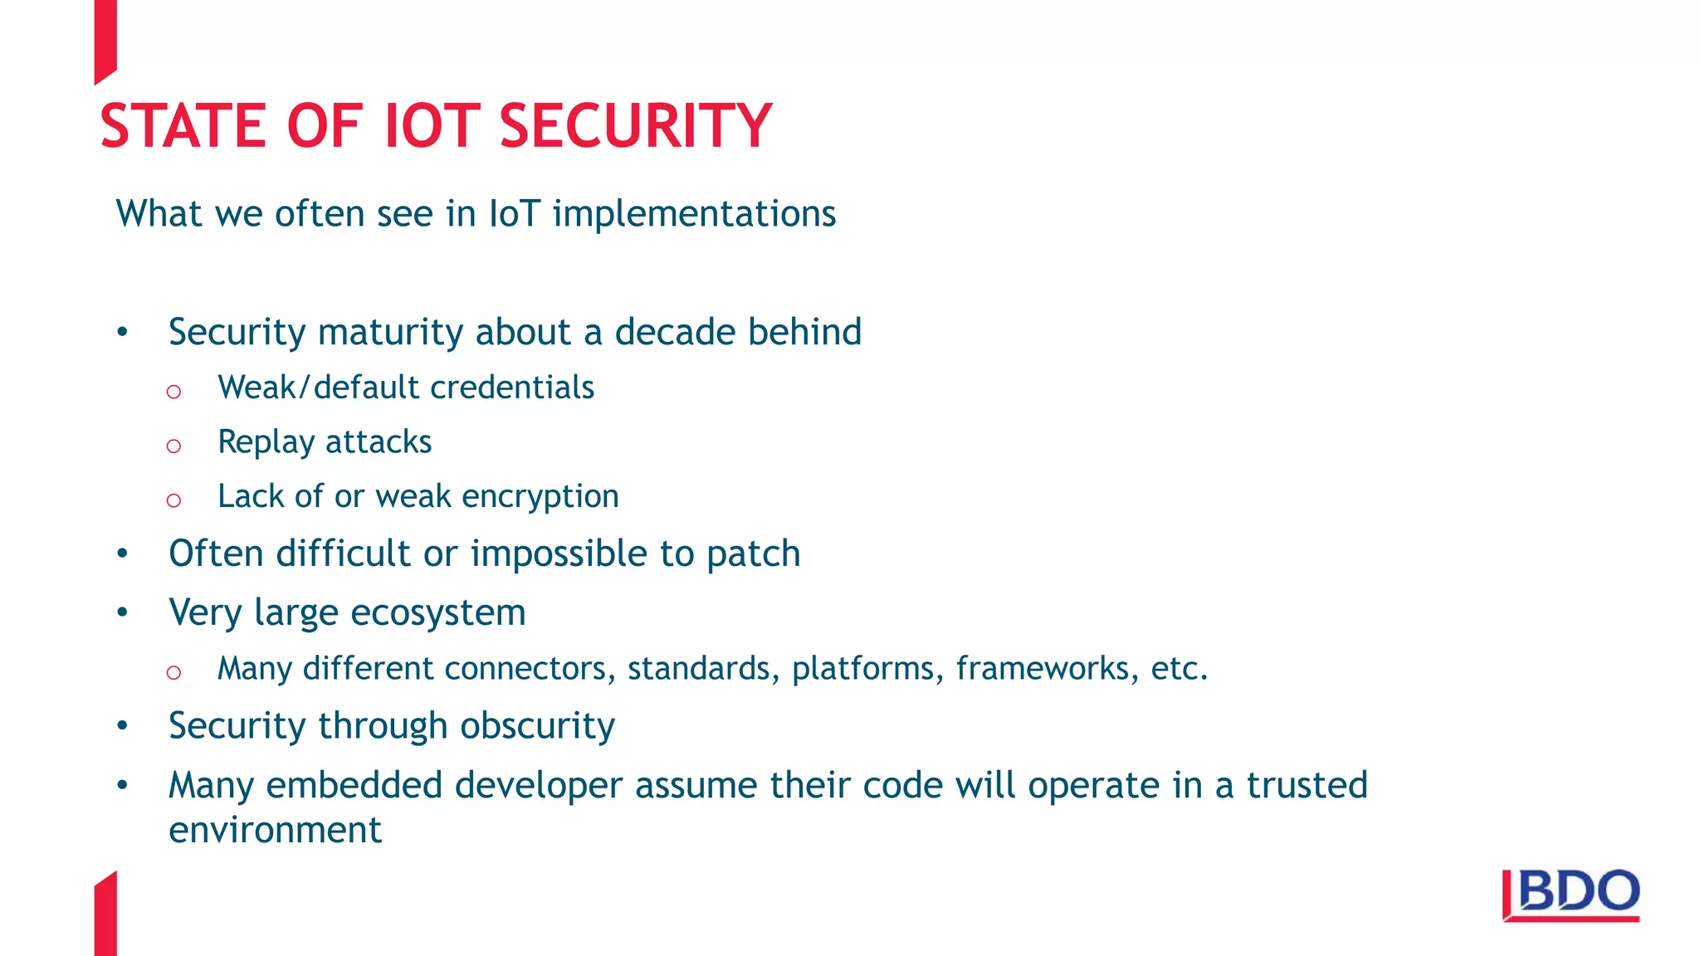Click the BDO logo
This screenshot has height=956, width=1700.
click(x=1571, y=895)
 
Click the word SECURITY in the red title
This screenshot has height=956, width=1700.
click(x=635, y=126)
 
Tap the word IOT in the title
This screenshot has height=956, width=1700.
click(x=432, y=126)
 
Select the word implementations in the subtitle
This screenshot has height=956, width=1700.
click(x=694, y=214)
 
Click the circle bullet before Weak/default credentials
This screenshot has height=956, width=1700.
click(x=173, y=392)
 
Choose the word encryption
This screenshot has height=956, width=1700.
click(x=540, y=497)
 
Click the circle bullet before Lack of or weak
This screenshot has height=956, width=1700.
click(x=173, y=500)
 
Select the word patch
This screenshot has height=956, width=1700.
click(x=753, y=554)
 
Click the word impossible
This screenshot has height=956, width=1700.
click(x=559, y=554)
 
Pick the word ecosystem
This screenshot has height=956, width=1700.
click(x=437, y=613)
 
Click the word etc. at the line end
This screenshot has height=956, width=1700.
click(x=1179, y=668)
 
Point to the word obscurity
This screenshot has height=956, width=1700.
click(x=537, y=726)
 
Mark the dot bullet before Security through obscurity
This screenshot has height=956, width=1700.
click(x=123, y=726)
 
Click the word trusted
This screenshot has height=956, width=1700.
click(x=1307, y=785)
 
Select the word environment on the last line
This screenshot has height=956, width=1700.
click(x=275, y=830)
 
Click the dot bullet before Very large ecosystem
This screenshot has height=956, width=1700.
click(x=123, y=613)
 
